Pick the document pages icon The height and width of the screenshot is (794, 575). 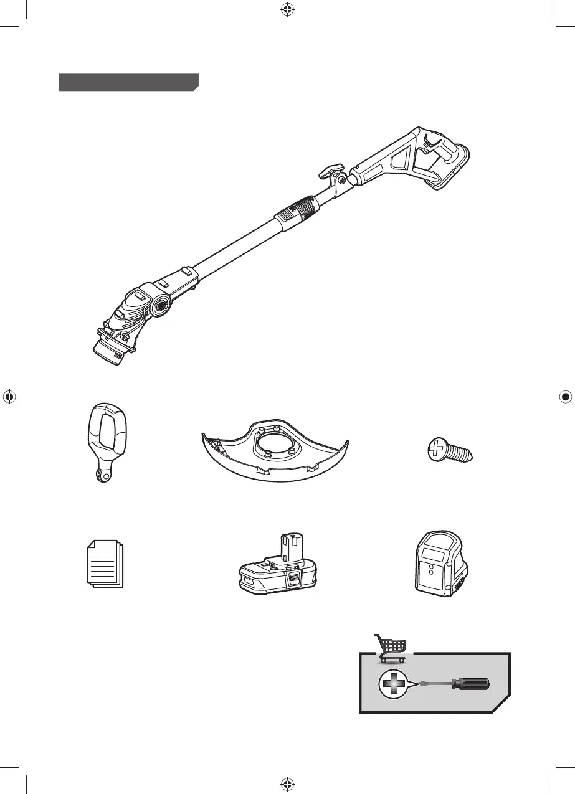point(104,564)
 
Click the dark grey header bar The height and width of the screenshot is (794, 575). point(128,82)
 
